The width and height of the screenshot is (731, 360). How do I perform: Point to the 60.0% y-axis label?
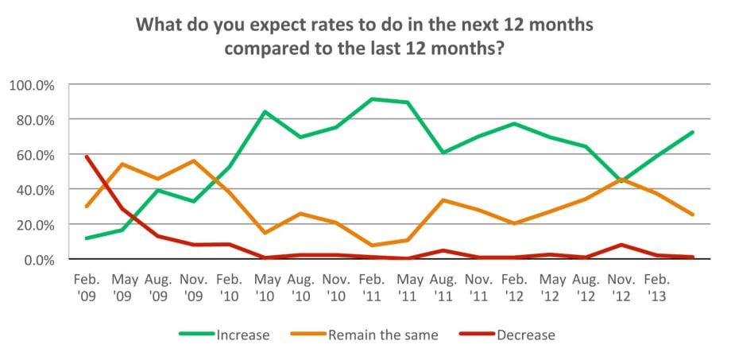(x=34, y=154)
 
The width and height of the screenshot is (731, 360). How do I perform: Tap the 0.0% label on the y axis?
(x=37, y=260)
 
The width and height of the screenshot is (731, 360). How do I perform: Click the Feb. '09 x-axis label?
(x=86, y=287)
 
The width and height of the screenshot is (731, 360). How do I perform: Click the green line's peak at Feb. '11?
(x=373, y=99)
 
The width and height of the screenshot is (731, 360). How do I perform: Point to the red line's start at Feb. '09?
(x=86, y=157)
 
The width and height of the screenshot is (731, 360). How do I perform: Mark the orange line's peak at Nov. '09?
(x=192, y=161)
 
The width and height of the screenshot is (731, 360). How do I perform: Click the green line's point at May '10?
(x=265, y=111)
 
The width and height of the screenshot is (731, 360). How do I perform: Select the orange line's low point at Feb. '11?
(x=373, y=246)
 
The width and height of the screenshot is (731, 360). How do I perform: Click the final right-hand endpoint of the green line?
(x=694, y=132)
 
